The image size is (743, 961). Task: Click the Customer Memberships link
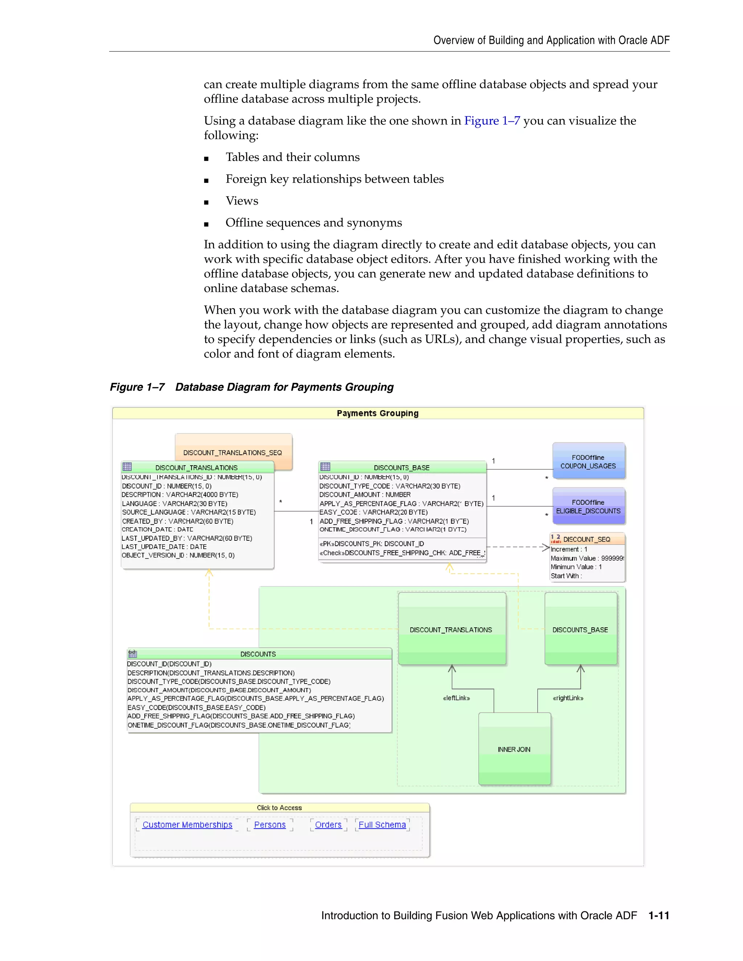coord(187,825)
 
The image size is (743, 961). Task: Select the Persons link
coord(270,825)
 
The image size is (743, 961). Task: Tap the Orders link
coord(328,825)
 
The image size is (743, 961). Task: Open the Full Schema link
coord(382,825)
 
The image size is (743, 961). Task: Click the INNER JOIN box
coord(514,749)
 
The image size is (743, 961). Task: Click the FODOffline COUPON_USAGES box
coord(588,462)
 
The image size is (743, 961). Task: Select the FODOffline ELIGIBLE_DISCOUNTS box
coord(588,507)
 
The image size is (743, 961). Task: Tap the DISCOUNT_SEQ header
coord(586,539)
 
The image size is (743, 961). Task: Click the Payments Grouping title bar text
coord(378,413)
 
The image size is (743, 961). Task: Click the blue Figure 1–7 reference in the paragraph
coord(492,120)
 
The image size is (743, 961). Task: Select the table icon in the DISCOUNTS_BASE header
coord(325,466)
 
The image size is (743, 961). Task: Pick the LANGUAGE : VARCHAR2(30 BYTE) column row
coord(174,503)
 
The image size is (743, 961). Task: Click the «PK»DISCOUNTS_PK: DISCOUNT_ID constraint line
coord(371,544)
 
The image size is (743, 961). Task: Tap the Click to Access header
coord(279,808)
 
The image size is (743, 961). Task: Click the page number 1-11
coord(658,915)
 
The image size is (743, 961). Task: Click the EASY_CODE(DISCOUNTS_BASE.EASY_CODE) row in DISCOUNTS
coord(196,708)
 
